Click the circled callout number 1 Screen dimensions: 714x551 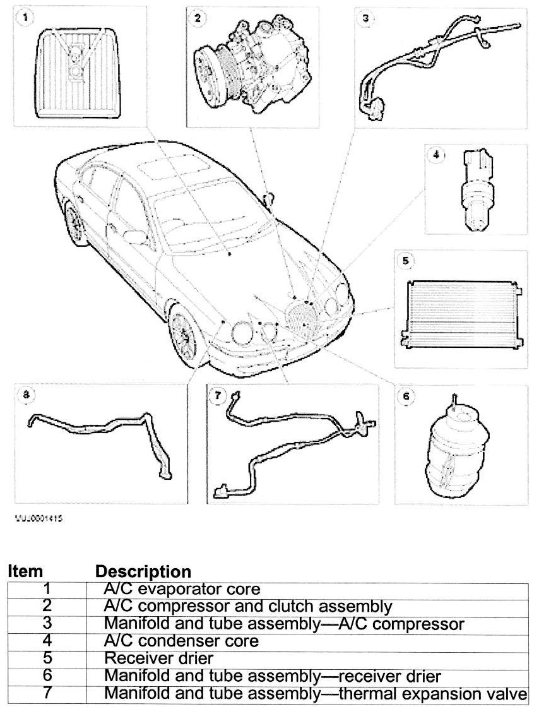click(26, 18)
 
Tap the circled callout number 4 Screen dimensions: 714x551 click(435, 153)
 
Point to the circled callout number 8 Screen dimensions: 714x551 click(26, 395)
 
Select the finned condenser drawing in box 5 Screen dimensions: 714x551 click(461, 312)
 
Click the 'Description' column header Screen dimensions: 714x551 click(143, 572)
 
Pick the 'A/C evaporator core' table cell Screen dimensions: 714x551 click(182, 590)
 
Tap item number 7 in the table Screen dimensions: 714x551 click(47, 694)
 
